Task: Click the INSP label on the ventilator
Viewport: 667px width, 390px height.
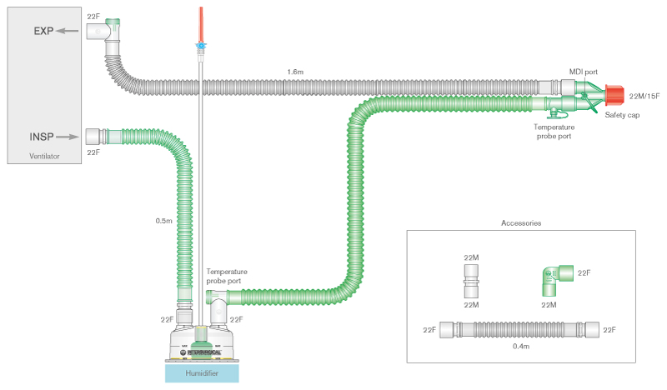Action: [x=43, y=135]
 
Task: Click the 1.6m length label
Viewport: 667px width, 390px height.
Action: [x=295, y=72]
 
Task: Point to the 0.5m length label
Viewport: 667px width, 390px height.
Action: [x=164, y=220]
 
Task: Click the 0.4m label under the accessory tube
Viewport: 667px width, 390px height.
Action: [x=521, y=346]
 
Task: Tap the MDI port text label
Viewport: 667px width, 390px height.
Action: [x=583, y=72]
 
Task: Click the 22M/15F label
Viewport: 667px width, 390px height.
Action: [x=644, y=97]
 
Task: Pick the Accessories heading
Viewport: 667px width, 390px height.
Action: [x=521, y=223]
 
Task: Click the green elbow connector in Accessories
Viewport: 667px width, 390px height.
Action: [x=552, y=278]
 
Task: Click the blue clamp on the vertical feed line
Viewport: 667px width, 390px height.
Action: [x=200, y=44]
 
